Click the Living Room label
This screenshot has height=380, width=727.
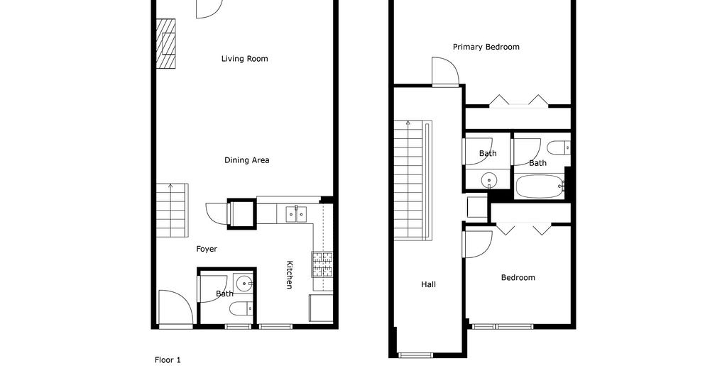pos(244,59)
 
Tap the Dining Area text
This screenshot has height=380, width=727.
pos(246,160)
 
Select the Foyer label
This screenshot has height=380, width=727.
pos(207,249)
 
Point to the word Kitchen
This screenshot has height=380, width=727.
pos(290,275)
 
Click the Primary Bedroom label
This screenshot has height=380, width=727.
pos(486,47)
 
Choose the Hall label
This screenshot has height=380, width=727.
pos(428,285)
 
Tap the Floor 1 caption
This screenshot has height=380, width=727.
pos(168,360)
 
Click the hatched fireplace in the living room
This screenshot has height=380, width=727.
pos(165,43)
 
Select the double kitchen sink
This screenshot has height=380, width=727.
pos(296,214)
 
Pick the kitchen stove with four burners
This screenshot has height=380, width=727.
pos(322,264)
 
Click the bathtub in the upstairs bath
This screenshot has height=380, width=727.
pos(539,186)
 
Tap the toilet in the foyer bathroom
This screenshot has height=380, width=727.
pos(241,307)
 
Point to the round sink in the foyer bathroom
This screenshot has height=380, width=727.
pos(244,282)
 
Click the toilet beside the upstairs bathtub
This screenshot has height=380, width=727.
pos(558,148)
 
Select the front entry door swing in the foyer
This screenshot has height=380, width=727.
pos(175,308)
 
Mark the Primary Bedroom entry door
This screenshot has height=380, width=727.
pos(445,72)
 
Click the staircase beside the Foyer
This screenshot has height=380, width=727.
pos(172,211)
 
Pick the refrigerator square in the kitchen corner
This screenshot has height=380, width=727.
pos(321,308)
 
